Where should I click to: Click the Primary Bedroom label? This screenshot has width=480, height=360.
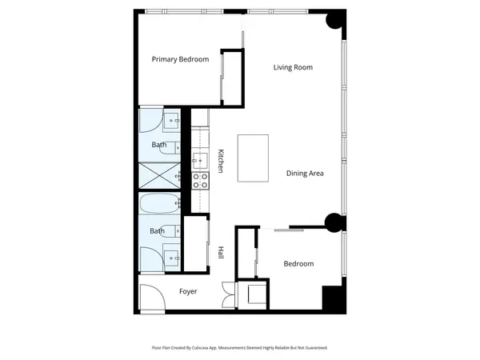click(181, 59)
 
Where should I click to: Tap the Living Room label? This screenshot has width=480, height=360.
click(292, 67)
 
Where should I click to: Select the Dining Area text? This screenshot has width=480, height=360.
click(305, 173)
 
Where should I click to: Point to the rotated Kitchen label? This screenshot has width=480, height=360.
click(220, 162)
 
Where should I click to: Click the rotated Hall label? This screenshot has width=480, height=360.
click(220, 252)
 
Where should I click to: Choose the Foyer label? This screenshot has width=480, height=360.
click(187, 291)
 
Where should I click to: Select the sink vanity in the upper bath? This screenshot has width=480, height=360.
click(172, 122)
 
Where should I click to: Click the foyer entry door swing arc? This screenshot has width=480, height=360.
click(150, 299)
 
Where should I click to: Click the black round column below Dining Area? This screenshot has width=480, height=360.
click(333, 224)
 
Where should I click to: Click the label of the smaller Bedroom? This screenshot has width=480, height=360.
click(298, 263)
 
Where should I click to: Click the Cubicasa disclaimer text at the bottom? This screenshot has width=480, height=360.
click(240, 348)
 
